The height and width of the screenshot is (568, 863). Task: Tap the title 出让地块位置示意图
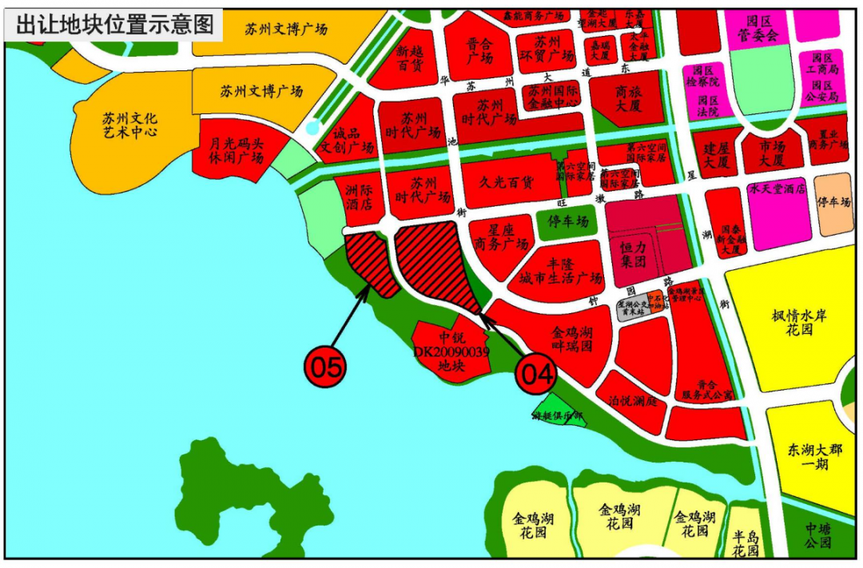click(x=115, y=24)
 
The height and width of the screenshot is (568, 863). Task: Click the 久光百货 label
click(x=507, y=181)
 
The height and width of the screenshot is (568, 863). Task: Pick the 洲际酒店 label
click(x=359, y=197)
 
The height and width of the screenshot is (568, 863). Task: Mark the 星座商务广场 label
click(x=502, y=237)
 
